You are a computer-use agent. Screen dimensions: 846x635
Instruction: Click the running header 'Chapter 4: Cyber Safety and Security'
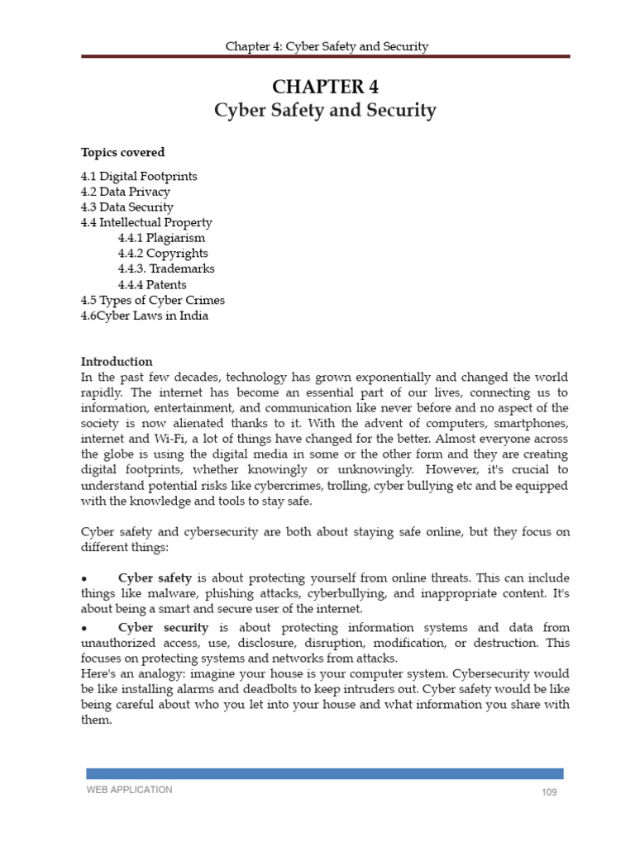pyautogui.click(x=327, y=46)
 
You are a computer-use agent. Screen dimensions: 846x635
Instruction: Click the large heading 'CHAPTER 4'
pyautogui.click(x=326, y=88)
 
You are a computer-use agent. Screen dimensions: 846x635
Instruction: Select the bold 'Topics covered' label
pyautogui.click(x=122, y=152)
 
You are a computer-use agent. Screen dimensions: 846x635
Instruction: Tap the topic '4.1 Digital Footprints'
pyautogui.click(x=139, y=176)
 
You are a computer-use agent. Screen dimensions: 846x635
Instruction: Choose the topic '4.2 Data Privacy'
pyautogui.click(x=125, y=192)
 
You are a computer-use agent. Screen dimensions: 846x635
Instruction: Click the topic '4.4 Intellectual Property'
pyautogui.click(x=146, y=222)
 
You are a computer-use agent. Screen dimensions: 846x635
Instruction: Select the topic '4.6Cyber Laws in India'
pyautogui.click(x=144, y=316)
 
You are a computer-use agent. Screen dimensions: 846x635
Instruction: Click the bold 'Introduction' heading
pyautogui.click(x=117, y=362)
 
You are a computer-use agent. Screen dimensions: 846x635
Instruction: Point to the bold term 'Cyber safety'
pyautogui.click(x=155, y=577)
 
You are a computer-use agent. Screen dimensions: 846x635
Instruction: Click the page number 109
pyautogui.click(x=549, y=793)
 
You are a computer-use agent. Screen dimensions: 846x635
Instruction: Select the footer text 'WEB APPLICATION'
pyautogui.click(x=130, y=790)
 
